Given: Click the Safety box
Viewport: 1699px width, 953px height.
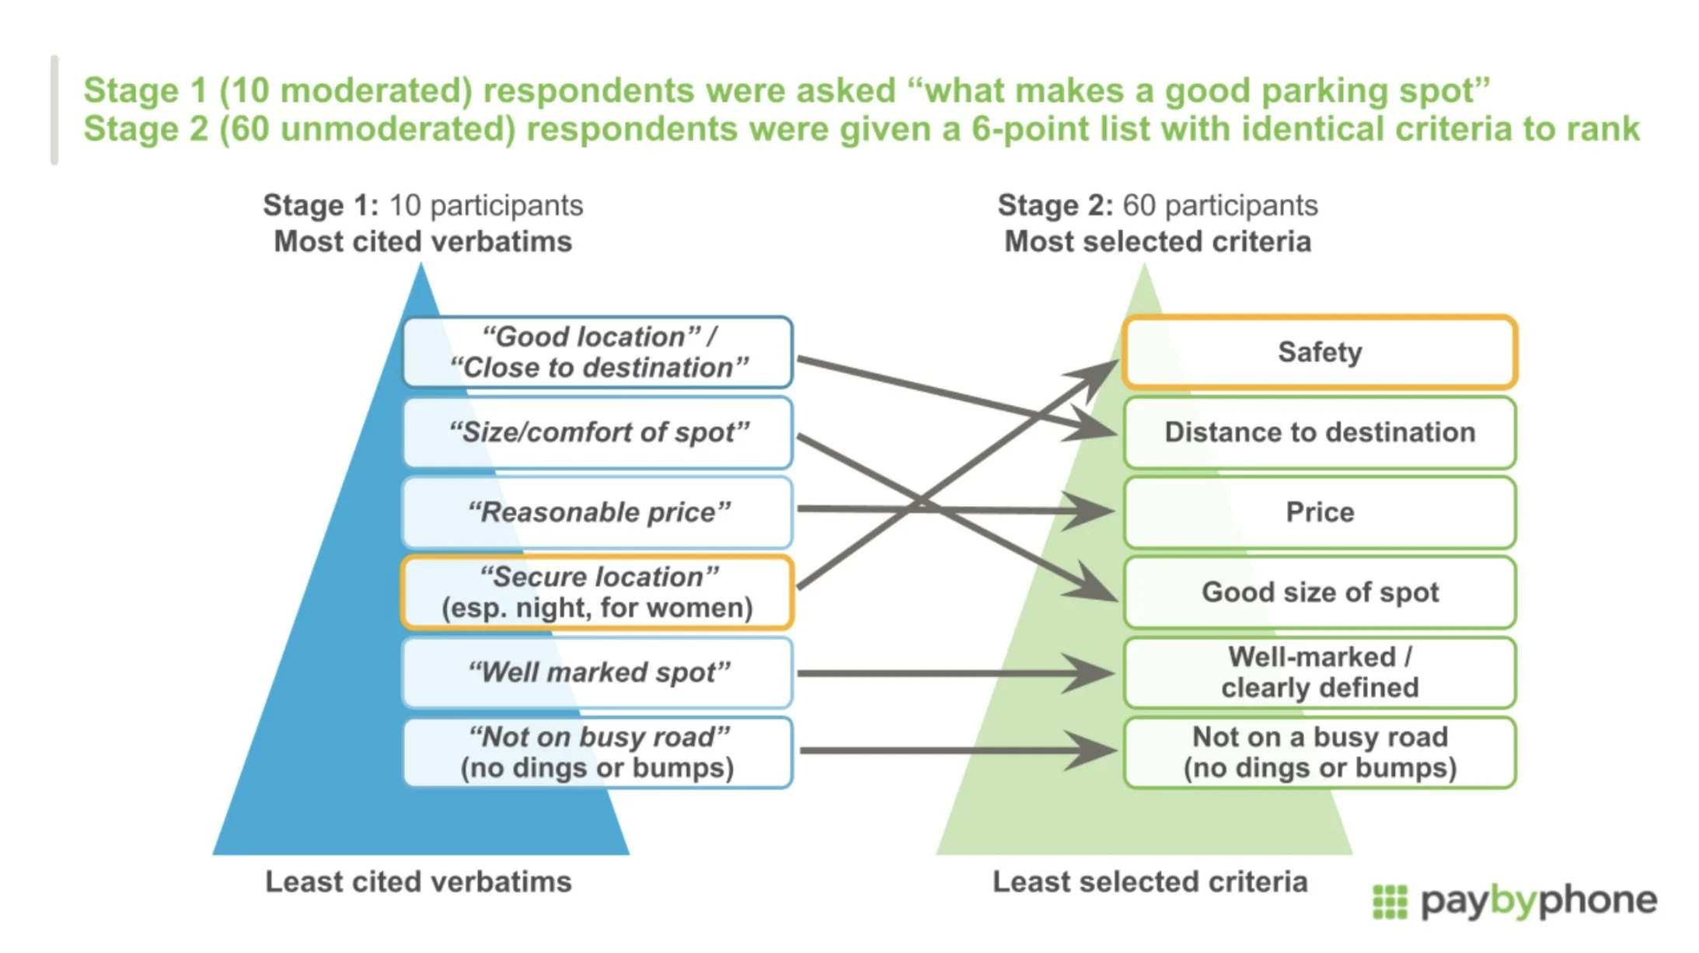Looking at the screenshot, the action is tap(1320, 352).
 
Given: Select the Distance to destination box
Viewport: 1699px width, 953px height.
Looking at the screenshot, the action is tap(1320, 432).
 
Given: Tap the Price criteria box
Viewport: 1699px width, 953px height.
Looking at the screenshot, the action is tap(1320, 512).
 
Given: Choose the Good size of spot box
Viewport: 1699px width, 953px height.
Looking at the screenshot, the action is tap(1320, 592).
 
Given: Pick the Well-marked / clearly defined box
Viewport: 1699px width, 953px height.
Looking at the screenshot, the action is tap(1320, 672).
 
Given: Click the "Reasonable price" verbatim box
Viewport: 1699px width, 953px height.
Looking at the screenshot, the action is tap(598, 512).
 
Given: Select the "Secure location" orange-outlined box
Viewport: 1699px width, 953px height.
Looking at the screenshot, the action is tap(598, 592).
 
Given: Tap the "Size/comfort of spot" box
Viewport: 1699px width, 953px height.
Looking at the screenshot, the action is tap(598, 432).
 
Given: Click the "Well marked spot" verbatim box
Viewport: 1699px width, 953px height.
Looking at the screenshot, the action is tap(598, 672).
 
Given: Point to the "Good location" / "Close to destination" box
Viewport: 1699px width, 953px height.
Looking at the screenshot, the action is tap(598, 352).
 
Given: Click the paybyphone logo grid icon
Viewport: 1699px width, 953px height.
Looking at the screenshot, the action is tap(1390, 902).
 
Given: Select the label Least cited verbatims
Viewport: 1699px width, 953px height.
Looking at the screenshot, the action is tap(418, 882).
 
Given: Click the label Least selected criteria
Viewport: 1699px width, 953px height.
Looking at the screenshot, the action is tap(1150, 882).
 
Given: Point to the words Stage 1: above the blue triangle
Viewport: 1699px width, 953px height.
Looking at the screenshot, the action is tap(320, 205).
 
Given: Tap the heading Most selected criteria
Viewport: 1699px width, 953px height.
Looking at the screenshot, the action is tap(1158, 242).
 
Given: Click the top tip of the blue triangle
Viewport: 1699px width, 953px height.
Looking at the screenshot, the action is tap(421, 264).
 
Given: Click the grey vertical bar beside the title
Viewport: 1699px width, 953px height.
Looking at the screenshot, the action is tap(54, 110).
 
